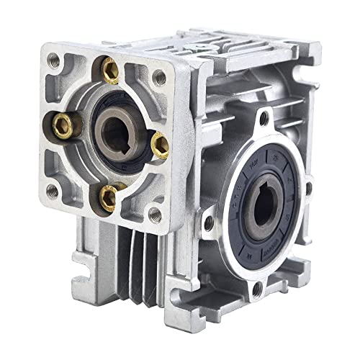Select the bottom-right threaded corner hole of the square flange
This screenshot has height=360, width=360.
(x=153, y=214)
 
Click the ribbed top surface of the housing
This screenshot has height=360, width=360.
(x=238, y=54)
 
